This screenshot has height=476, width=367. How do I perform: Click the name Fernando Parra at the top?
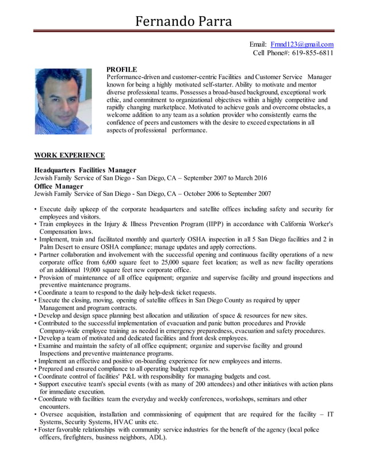click(183, 21)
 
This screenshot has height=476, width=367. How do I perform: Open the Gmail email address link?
click(302, 44)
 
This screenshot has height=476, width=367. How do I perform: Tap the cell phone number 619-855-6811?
click(311, 53)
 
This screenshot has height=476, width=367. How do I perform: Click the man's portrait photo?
click(63, 101)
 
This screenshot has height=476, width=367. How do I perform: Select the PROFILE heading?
click(122, 69)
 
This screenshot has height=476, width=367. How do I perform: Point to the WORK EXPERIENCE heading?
click(70, 155)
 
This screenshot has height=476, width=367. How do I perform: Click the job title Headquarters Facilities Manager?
click(85, 170)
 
